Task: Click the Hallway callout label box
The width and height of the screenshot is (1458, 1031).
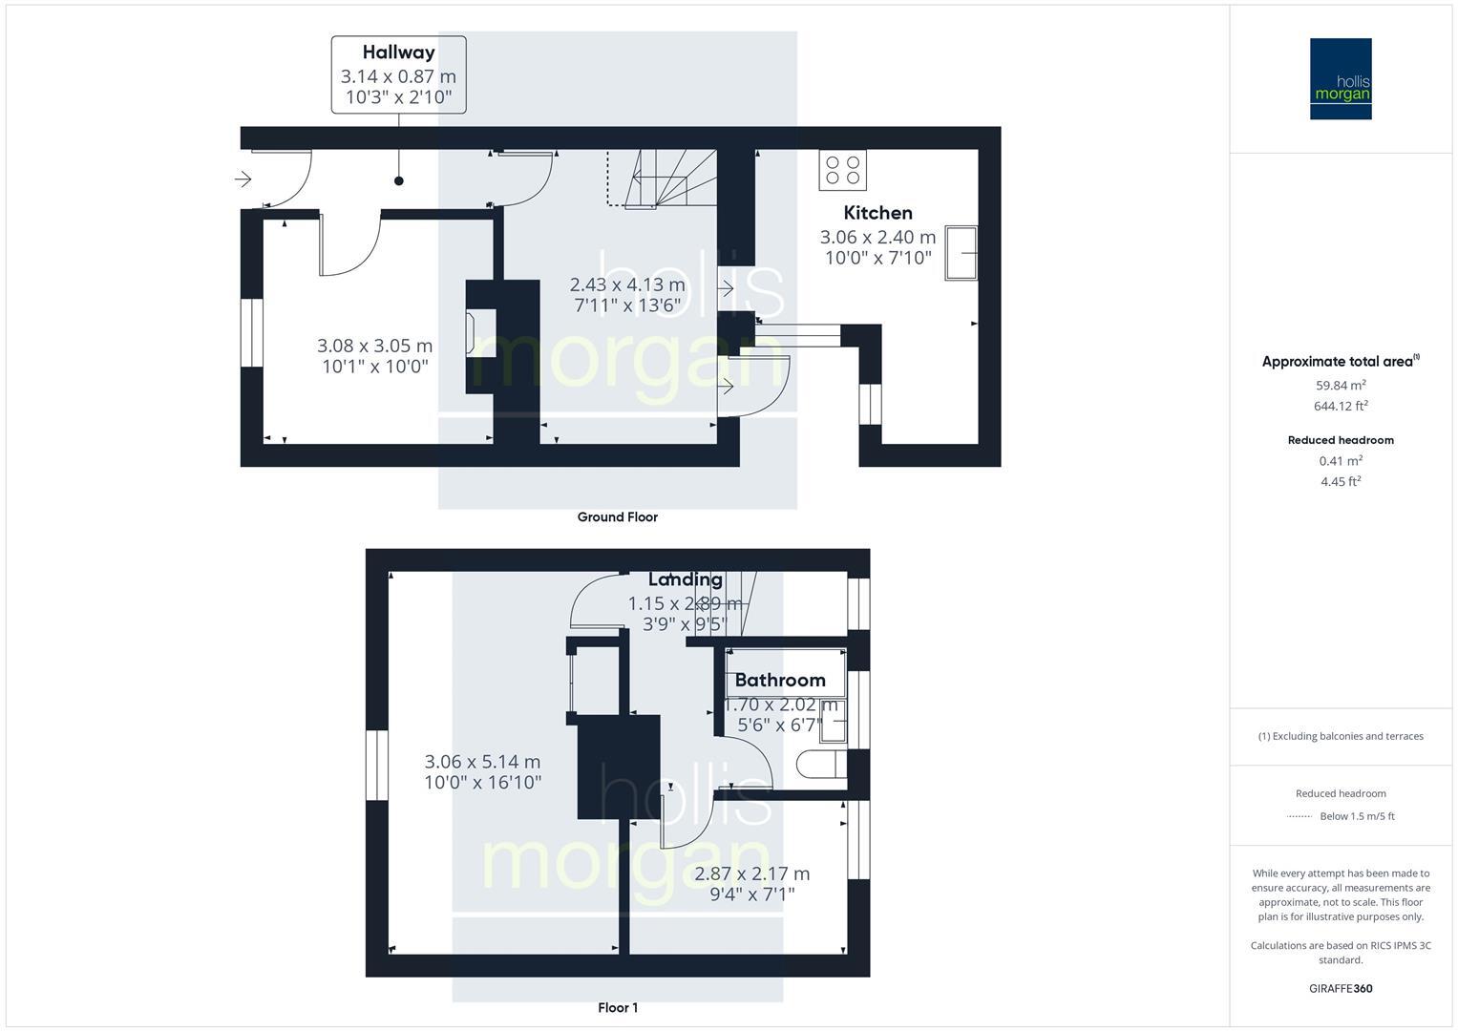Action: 398,74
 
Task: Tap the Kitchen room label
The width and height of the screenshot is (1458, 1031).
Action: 877,213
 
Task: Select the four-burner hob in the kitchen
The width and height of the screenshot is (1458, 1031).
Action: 842,170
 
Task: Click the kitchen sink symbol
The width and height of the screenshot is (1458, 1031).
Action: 961,253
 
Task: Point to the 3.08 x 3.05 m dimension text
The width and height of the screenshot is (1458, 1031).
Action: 374,355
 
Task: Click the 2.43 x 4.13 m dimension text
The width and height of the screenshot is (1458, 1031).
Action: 627,294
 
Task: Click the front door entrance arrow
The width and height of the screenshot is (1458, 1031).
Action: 243,179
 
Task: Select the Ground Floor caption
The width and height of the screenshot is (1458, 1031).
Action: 617,517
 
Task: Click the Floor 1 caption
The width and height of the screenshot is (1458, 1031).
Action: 618,1008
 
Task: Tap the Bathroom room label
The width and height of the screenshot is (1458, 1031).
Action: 780,680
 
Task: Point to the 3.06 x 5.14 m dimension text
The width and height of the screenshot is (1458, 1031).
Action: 482,771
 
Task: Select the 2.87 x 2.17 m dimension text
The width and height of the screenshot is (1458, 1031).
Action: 751,883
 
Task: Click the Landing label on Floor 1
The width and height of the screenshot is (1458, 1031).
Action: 685,579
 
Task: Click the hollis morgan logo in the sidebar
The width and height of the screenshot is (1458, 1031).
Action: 1341,79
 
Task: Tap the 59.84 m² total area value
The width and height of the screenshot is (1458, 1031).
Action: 1341,386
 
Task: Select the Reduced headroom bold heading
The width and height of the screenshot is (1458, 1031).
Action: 1341,440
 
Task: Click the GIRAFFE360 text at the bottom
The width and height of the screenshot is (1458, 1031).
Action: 1341,989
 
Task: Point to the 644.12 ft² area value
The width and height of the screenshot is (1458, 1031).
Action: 1341,406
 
